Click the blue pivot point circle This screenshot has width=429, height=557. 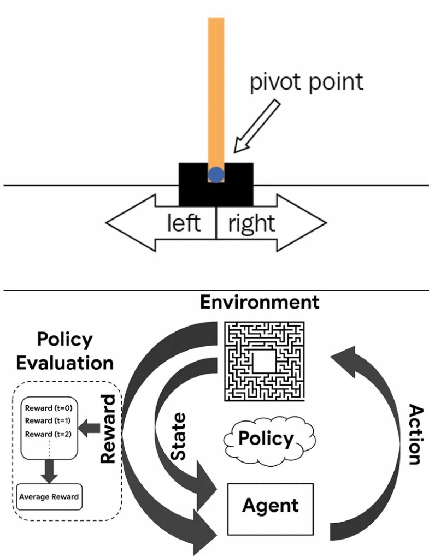click(216, 175)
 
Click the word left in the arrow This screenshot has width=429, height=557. click(183, 224)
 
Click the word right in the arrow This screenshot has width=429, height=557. click(251, 224)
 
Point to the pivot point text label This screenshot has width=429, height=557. click(306, 82)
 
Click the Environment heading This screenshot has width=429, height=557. click(260, 302)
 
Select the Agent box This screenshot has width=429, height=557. click(271, 508)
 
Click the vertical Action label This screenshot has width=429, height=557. click(415, 435)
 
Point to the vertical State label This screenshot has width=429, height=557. click(178, 437)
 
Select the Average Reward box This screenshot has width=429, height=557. click(49, 497)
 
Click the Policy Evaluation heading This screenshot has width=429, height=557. click(64, 351)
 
